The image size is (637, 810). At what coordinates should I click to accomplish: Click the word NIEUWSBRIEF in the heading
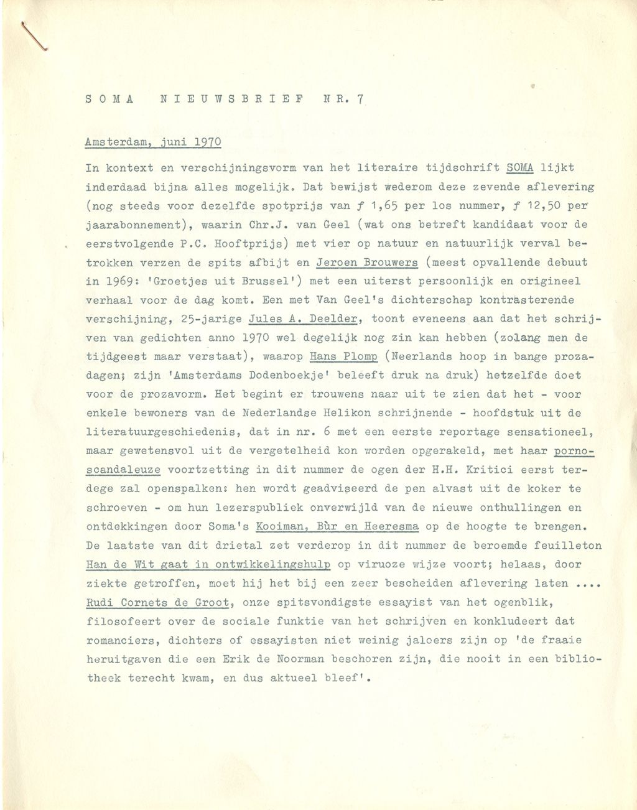(233, 99)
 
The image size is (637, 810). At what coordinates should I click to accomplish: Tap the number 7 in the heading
(360, 99)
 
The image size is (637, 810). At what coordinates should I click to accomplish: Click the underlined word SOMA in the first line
(521, 167)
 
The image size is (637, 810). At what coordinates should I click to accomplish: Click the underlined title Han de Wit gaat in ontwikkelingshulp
(209, 565)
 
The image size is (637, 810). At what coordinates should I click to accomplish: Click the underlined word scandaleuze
(124, 470)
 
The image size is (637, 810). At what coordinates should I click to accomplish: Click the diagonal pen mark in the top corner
(35, 37)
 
